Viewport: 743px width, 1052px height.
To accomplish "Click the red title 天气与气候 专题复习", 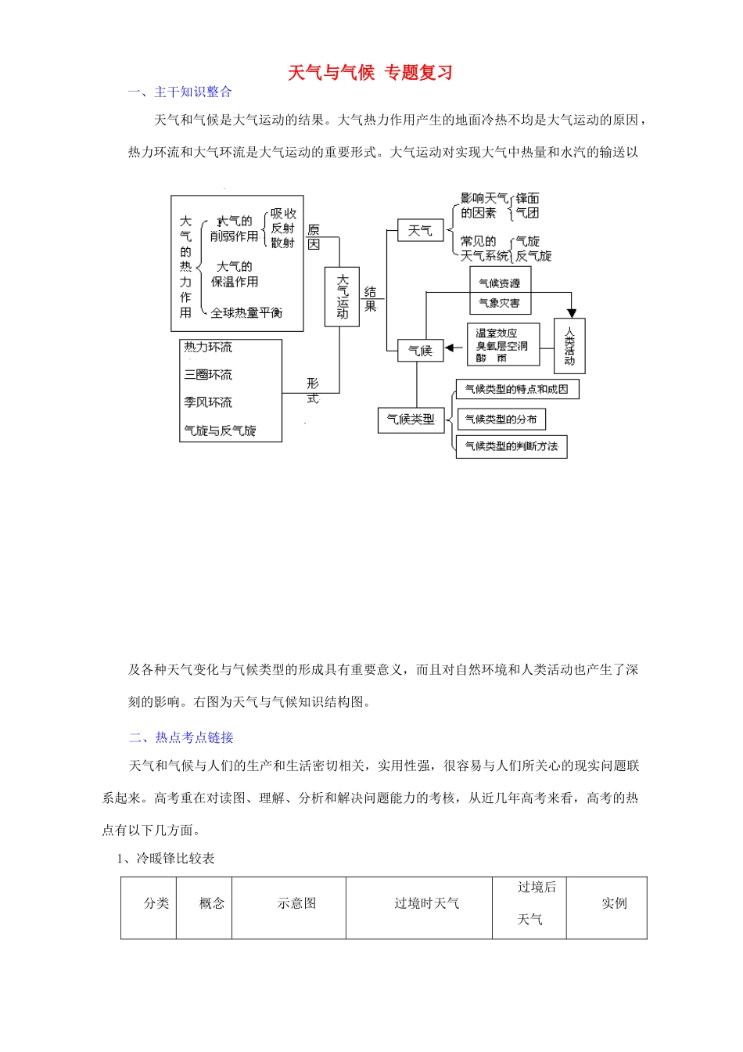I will click(x=370, y=73).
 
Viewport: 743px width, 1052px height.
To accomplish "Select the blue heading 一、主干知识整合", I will click(x=180, y=92).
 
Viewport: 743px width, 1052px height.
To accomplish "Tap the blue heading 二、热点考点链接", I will click(x=181, y=737).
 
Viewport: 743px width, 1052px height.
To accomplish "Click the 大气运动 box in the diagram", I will click(x=343, y=297).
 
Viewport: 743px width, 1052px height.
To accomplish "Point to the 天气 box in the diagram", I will click(x=420, y=230).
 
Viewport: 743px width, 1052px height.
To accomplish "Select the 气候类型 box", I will click(x=411, y=420).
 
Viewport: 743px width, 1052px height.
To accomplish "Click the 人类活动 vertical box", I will click(x=569, y=345).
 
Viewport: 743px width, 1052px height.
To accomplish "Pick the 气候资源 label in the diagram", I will click(x=499, y=283).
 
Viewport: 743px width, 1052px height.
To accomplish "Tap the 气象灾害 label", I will click(x=499, y=303).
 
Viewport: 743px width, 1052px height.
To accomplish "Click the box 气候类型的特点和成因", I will click(x=517, y=389).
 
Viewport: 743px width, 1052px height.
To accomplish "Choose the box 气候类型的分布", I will click(x=501, y=420).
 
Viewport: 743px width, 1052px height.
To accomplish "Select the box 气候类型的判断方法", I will click(x=511, y=447).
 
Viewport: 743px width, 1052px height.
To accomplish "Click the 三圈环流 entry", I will click(x=208, y=375).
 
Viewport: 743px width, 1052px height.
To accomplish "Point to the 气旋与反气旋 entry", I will click(x=220, y=431).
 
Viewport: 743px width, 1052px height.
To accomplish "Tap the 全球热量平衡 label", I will click(x=246, y=313).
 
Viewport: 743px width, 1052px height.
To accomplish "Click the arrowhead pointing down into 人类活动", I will click(x=572, y=312).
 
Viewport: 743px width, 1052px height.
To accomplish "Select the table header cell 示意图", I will click(x=296, y=903).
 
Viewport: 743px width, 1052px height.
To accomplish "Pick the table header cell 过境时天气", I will click(x=426, y=903).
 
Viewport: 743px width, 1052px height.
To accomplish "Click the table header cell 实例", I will click(x=614, y=903).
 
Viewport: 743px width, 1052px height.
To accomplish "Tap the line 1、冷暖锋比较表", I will click(x=166, y=859).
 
